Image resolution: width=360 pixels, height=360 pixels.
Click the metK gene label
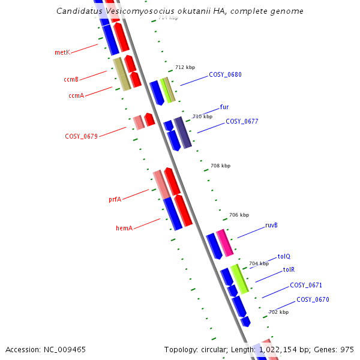pyautogui.click(x=62, y=53)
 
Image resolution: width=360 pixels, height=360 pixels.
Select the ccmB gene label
pyautogui.click(x=71, y=79)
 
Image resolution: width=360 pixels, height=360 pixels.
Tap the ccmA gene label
pyautogui.click(x=76, y=95)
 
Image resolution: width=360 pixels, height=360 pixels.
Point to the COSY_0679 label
pyautogui.click(x=81, y=137)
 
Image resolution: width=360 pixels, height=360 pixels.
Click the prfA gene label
pyautogui.click(x=115, y=199)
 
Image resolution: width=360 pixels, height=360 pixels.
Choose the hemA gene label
pyautogui.click(x=124, y=228)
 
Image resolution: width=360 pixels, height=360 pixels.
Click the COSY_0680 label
pyautogui.click(x=225, y=75)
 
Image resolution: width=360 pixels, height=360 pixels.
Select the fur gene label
pyautogui.click(x=224, y=107)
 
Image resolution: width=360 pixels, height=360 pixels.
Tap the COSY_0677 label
pyautogui.click(x=242, y=121)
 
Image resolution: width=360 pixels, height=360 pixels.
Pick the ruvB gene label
pyautogui.click(x=271, y=226)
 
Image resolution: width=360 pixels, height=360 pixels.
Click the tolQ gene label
pyautogui.click(x=284, y=256)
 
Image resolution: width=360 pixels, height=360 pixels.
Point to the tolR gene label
pyautogui.click(x=289, y=270)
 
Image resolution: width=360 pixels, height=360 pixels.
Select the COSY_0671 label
pyautogui.click(x=306, y=286)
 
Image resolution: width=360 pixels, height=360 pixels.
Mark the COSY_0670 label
pyautogui.click(x=313, y=299)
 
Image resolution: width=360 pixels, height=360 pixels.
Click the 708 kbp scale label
pyautogui.click(x=220, y=166)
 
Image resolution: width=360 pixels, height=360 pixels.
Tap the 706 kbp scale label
pyautogui.click(x=239, y=215)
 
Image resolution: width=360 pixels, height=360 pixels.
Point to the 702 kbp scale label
pyautogui.click(x=278, y=312)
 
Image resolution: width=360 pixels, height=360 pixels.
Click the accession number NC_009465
pyautogui.click(x=46, y=349)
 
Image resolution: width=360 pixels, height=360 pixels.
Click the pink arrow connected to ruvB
pyautogui.click(x=225, y=242)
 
